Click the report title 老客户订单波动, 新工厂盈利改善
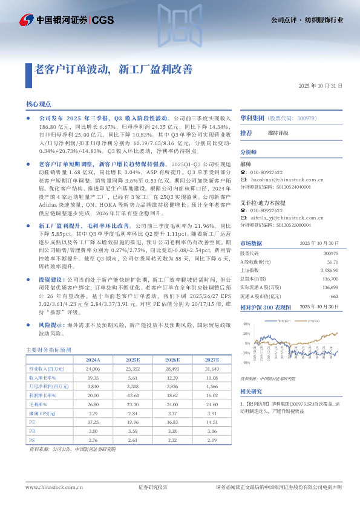[x=114, y=68]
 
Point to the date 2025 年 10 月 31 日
[x=321, y=86]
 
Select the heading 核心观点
[x=39, y=104]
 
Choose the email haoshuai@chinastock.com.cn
[x=288, y=181]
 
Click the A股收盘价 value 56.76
[x=332, y=262]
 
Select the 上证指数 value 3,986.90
[x=329, y=271]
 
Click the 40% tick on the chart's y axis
[x=246, y=324]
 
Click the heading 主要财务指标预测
[x=48, y=349]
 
